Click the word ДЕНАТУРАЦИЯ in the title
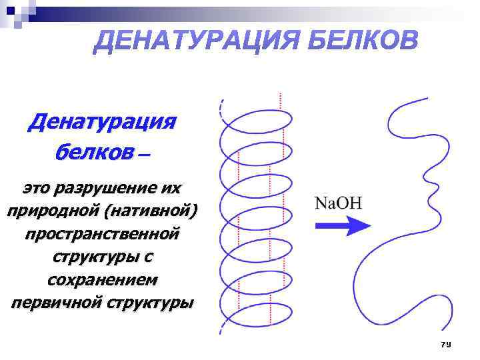coord(194,41)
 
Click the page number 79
coord(446,344)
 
